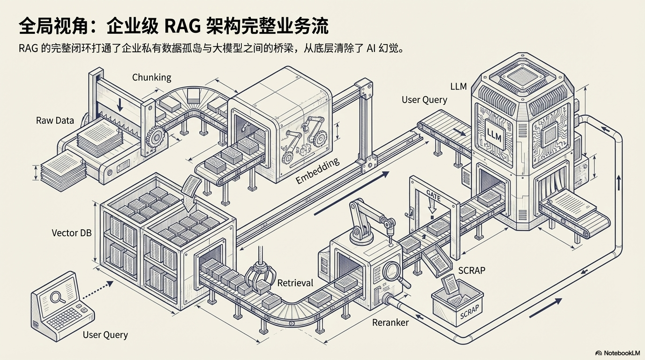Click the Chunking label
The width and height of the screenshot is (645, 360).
(x=151, y=77)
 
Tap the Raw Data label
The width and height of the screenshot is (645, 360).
(x=55, y=120)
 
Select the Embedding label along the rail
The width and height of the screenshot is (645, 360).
(x=317, y=172)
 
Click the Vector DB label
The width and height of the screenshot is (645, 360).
(x=72, y=232)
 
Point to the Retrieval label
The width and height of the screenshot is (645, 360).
(x=295, y=283)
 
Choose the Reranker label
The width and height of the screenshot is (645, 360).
(x=390, y=322)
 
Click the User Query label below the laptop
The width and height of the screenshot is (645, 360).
(x=105, y=335)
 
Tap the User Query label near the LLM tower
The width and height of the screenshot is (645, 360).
(x=424, y=100)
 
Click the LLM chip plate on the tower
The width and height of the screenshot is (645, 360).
(x=495, y=134)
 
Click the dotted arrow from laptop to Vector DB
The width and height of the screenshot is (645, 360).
(x=97, y=291)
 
